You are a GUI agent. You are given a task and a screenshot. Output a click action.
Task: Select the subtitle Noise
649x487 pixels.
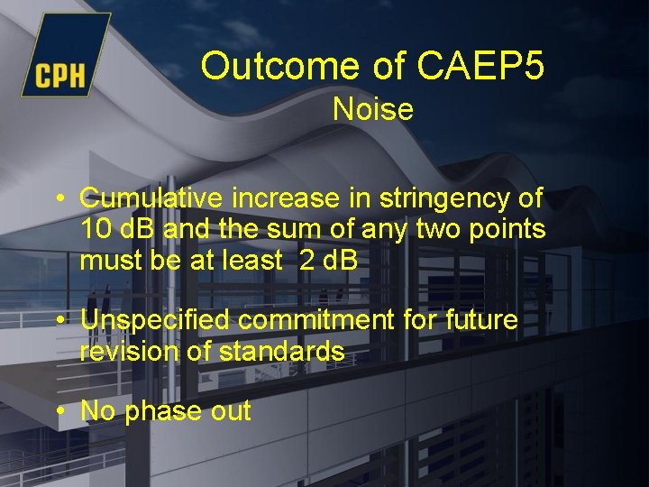(x=372, y=110)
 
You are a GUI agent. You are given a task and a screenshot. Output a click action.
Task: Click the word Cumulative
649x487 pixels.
(x=153, y=198)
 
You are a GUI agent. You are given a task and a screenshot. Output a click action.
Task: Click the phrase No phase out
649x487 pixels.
(x=166, y=411)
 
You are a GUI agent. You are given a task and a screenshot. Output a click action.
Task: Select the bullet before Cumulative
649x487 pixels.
(x=58, y=198)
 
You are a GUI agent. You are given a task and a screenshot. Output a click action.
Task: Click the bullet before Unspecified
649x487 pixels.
(x=58, y=321)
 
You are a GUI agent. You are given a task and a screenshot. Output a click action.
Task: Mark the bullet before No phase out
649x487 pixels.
(x=58, y=412)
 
